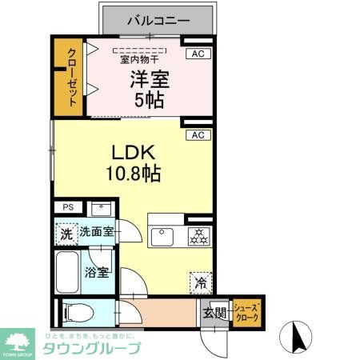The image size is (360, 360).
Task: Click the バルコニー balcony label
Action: point(157,18)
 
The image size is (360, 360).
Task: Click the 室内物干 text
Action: point(139,59)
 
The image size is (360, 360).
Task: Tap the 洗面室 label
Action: point(98,234)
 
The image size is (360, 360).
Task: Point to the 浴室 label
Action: point(98,272)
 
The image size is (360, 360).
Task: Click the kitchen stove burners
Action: point(198,236)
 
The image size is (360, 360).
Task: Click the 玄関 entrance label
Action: point(213,311)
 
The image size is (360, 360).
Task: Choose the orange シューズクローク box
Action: point(247,311)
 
